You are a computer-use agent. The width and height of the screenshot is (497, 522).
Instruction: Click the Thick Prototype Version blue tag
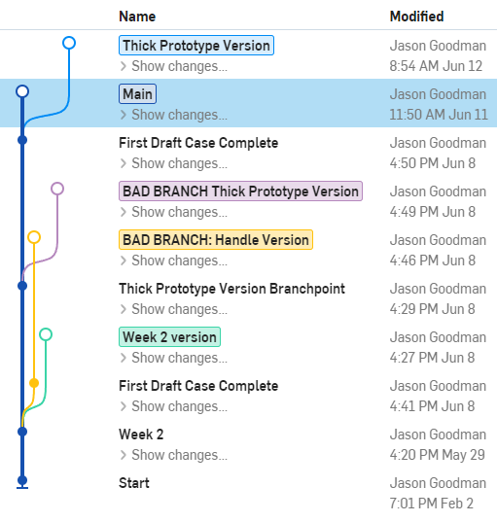[196, 46]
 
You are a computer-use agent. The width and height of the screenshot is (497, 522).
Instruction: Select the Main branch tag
[137, 94]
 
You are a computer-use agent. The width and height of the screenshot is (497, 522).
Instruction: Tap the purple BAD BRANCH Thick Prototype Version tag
[240, 191]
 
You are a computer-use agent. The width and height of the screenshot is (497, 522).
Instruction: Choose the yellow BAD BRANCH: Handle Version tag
[216, 240]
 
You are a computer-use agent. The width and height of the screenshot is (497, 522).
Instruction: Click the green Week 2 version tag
[169, 337]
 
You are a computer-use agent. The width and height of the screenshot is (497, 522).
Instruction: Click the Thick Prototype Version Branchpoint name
[231, 289]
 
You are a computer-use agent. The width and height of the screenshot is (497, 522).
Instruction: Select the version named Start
[134, 483]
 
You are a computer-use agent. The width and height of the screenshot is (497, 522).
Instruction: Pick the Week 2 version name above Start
[141, 435]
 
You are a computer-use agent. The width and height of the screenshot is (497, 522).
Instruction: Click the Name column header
[137, 17]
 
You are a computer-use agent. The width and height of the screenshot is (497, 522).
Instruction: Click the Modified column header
[416, 17]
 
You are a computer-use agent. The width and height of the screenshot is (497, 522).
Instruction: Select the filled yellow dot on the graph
[34, 383]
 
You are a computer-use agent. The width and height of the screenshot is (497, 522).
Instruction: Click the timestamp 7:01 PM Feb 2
[432, 504]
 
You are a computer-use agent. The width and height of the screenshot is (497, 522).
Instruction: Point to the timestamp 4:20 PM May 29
[437, 455]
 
